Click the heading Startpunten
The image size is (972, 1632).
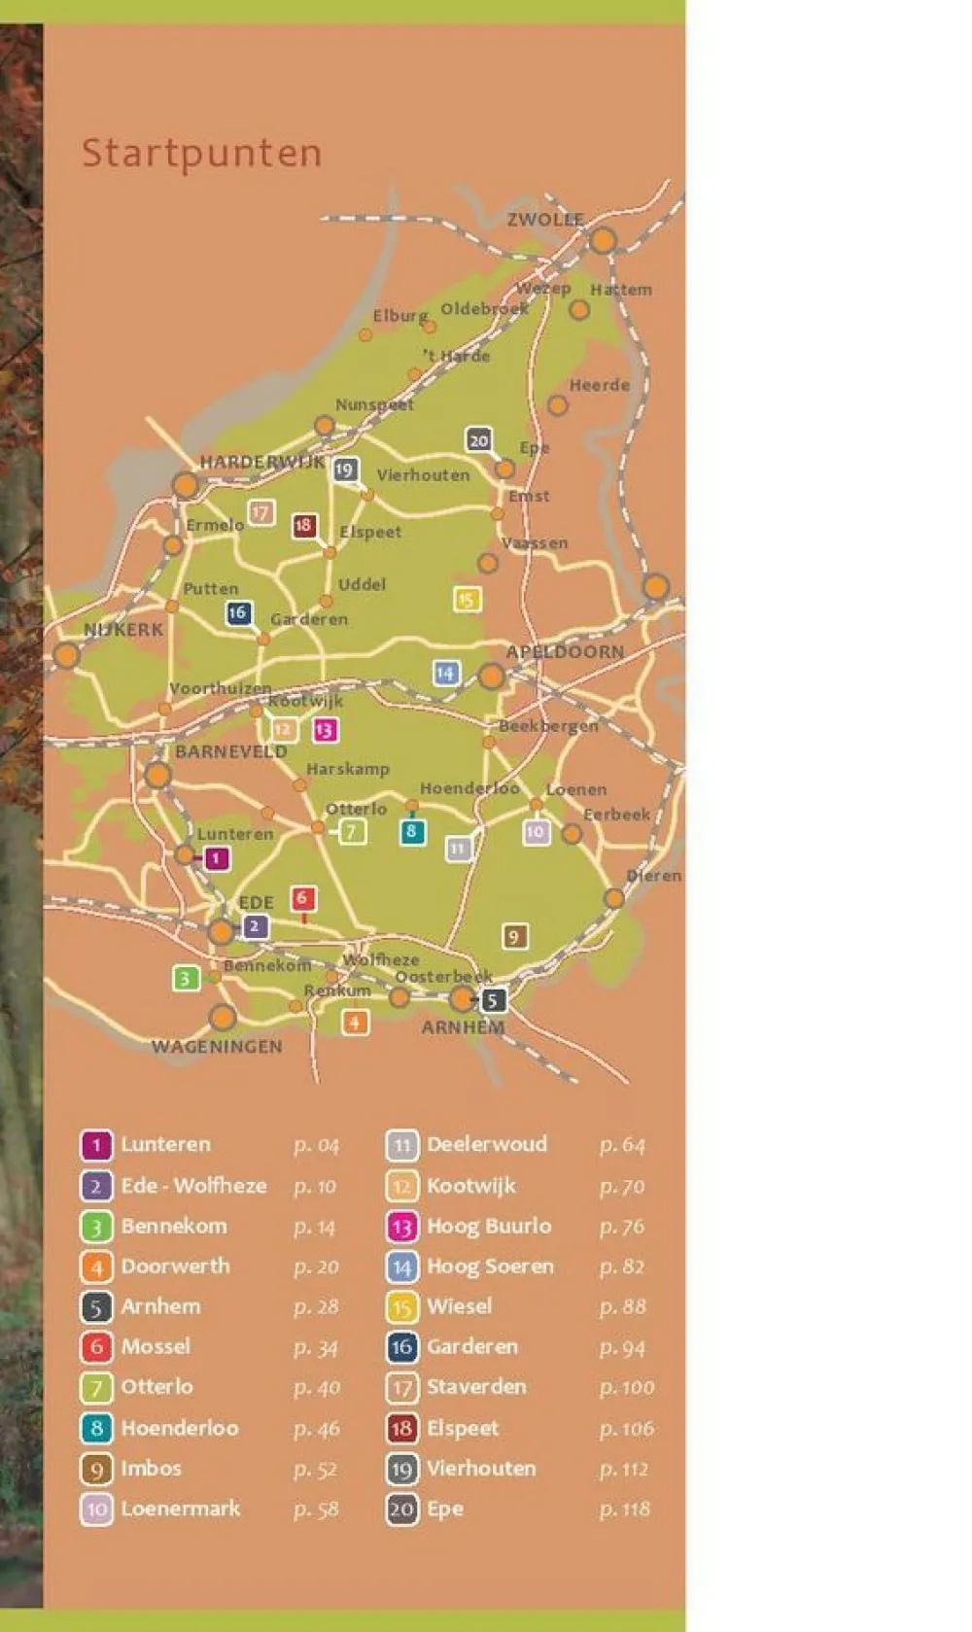coord(201,154)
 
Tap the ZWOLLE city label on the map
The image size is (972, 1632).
coord(545,220)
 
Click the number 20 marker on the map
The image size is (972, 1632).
coord(478,440)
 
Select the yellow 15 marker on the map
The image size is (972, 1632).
coord(467,600)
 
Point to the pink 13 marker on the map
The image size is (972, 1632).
coord(325,730)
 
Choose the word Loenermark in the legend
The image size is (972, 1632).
coord(181,1509)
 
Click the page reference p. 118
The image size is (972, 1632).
coord(624,1510)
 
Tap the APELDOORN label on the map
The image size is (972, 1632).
coord(565,651)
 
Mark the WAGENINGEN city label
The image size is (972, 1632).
coord(217,1047)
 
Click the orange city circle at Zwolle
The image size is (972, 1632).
coord(603,240)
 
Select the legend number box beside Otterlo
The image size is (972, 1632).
coord(96,1387)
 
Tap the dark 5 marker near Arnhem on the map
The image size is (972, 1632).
coord(493,1000)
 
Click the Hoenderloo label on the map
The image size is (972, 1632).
coord(469,788)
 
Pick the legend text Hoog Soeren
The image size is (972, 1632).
coord(490,1267)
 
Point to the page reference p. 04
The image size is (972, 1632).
coord(316,1146)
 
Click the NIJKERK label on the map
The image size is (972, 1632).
coord(123,630)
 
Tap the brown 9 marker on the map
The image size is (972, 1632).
coord(514,936)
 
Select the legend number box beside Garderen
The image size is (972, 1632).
coord(401,1347)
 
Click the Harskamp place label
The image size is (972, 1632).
coord(348,769)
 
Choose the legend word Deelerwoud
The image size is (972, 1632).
coord(487,1144)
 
